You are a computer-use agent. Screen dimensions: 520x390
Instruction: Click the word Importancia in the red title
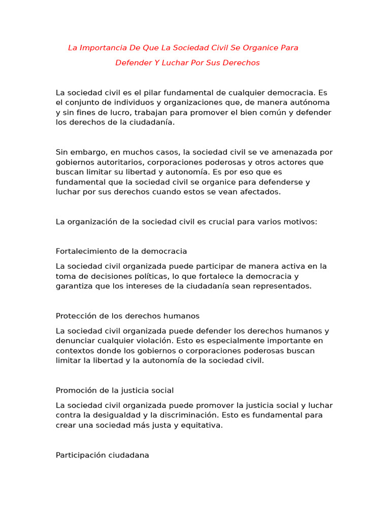coord(102,48)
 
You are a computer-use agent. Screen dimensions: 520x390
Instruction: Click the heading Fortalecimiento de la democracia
coord(121,251)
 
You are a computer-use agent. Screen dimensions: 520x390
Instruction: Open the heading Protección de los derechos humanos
coord(127,316)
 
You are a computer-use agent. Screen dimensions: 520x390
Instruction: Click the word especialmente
coord(242,341)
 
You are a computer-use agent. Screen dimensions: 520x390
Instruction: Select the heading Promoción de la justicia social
coord(115,391)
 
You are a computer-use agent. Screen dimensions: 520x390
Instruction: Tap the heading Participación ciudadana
coord(103,456)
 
